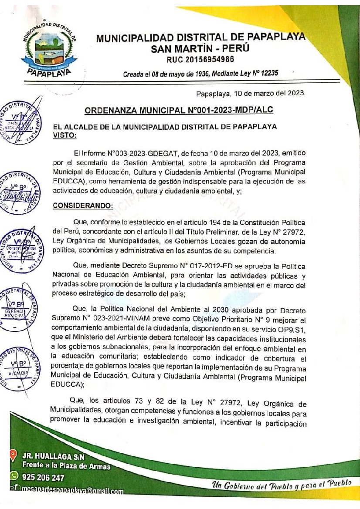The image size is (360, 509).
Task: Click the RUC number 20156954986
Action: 200,59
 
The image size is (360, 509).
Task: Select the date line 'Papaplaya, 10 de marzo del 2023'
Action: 251,93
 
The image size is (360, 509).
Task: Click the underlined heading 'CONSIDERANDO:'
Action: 83,206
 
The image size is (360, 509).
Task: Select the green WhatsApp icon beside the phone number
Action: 13,478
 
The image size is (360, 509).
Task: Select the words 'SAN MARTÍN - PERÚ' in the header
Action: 200,49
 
